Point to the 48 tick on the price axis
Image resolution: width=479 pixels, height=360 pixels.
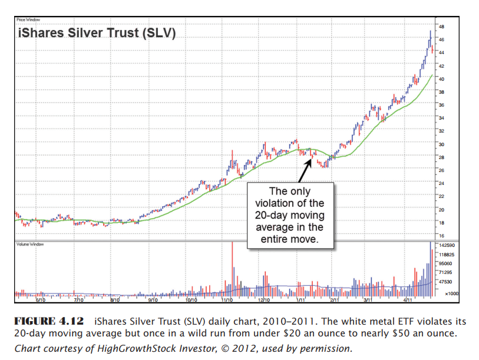click(442, 27)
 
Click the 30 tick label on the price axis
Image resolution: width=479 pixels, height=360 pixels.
click(441, 144)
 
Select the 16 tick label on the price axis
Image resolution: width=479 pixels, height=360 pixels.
click(441, 236)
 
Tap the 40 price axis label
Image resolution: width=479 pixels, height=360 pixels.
click(441, 79)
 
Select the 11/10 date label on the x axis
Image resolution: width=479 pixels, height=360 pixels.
click(227, 300)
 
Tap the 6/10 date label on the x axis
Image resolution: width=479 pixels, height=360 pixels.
click(41, 300)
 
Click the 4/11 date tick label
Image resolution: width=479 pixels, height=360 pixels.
click(407, 300)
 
